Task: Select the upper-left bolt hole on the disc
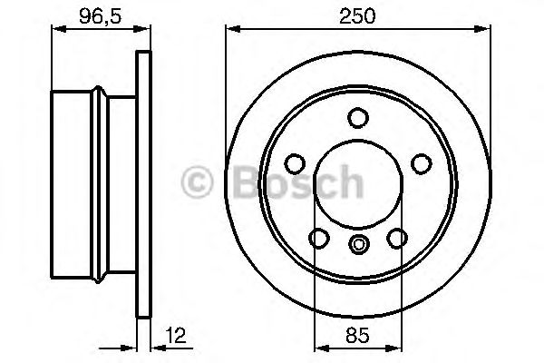[294, 163]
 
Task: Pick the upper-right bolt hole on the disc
[422, 163]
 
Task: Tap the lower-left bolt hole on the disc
[318, 238]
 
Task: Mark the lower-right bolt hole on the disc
[397, 238]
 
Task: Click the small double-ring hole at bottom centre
[358, 242]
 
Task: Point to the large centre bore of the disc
[358, 186]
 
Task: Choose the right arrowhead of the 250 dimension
[488, 31]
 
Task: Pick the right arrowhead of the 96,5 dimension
[142, 31]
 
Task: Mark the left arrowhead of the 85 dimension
[317, 347]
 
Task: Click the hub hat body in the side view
[95, 186]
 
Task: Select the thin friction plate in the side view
[141, 186]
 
